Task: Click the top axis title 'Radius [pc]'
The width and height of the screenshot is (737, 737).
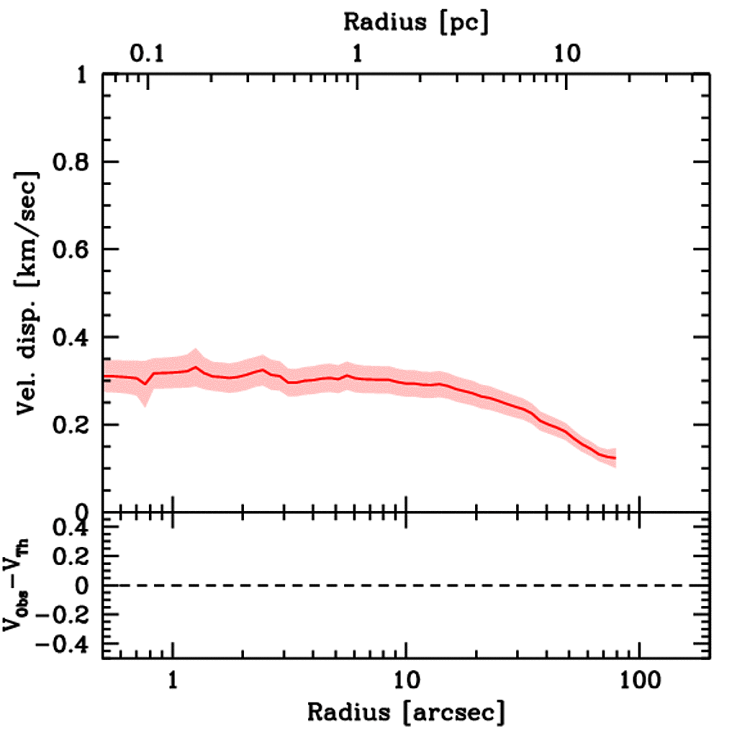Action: (x=416, y=22)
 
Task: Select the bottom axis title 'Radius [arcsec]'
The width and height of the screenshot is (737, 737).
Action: (x=406, y=713)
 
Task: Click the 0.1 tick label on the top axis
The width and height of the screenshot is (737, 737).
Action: (x=148, y=56)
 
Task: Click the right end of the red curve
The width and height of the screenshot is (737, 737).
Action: (x=615, y=458)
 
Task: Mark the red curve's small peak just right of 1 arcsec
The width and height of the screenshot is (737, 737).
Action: (x=196, y=367)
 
